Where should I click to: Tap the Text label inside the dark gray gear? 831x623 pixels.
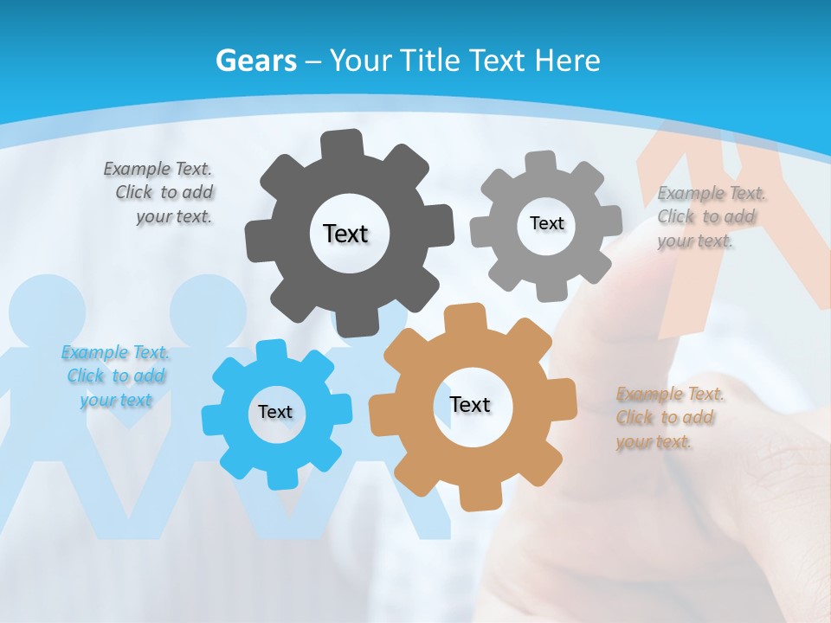[x=345, y=234]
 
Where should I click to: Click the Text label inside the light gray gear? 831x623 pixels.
[x=546, y=223]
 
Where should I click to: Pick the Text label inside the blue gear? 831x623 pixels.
[x=275, y=412]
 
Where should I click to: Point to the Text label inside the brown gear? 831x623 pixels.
[x=470, y=404]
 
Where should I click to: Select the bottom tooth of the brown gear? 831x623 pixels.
[x=476, y=499]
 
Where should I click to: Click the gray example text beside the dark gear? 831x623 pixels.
[x=159, y=193]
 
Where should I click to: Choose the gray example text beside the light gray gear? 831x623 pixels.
[x=710, y=217]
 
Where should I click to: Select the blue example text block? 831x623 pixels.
[x=116, y=376]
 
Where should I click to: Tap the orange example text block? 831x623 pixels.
[x=669, y=418]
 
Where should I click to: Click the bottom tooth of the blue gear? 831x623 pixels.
[x=279, y=478]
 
